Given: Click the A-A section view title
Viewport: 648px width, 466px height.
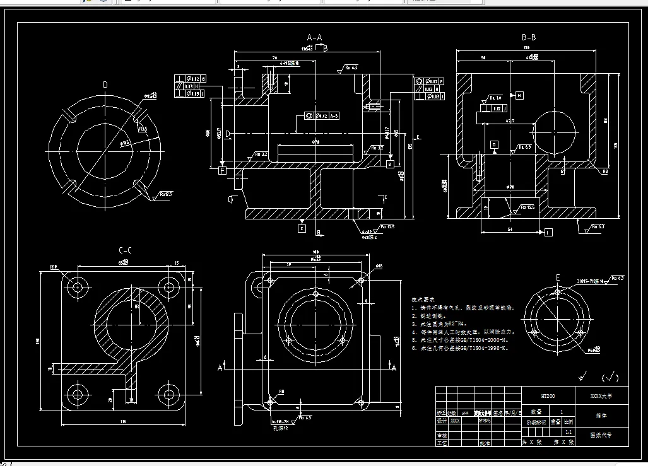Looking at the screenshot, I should point(314,37).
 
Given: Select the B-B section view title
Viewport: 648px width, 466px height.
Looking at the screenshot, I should point(529,37).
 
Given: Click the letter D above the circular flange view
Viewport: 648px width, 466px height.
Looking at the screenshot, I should point(105,84).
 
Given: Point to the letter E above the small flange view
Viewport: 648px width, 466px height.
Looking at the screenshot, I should point(557,277).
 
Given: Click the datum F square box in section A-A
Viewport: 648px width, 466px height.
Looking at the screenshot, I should point(222,170).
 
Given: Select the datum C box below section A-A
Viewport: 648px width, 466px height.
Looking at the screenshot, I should point(302,229).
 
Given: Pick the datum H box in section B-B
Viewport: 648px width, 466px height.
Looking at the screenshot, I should point(519,95).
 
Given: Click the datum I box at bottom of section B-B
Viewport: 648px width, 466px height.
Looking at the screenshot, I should point(548,233).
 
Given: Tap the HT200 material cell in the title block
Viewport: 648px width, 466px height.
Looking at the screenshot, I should point(548,397).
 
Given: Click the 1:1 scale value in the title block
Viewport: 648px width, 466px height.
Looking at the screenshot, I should point(568,433).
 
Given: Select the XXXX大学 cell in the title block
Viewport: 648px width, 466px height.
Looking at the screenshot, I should point(600,397).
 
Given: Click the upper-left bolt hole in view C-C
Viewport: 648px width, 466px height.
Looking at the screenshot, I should point(78,287).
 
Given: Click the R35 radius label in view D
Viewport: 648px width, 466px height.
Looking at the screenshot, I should point(144,129).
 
